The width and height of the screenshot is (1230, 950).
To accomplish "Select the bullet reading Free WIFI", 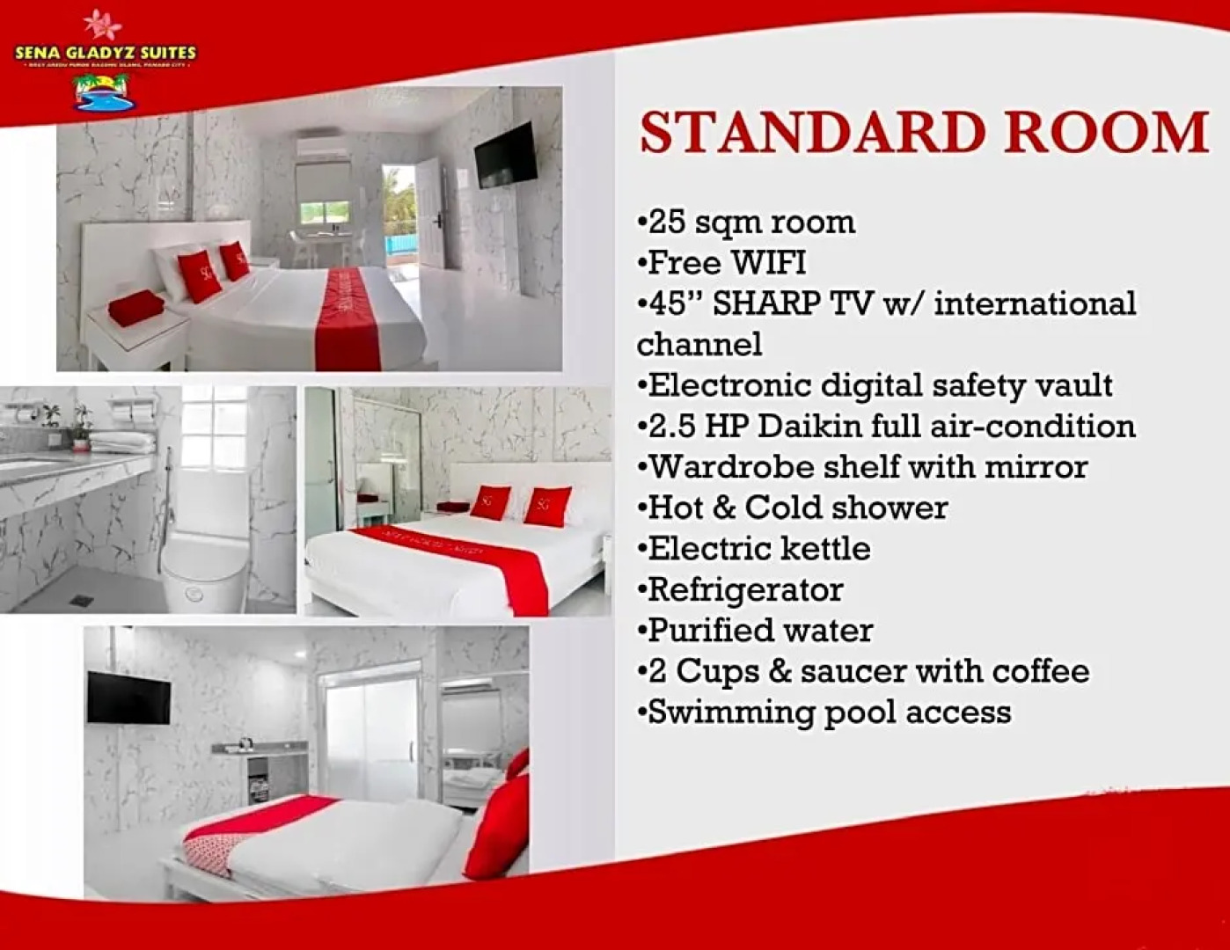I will coord(727,263).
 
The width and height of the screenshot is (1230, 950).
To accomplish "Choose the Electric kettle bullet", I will coord(758,549).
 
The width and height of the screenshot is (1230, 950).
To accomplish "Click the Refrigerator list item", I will coord(744,589).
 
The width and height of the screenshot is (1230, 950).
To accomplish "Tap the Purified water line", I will coord(759,631).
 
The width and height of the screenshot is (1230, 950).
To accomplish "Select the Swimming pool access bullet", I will coord(828,712).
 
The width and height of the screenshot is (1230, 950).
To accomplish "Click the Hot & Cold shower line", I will coord(797,508).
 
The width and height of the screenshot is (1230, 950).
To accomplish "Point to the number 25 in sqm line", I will coord(666,223).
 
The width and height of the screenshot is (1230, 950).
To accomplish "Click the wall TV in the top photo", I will coord(505,156).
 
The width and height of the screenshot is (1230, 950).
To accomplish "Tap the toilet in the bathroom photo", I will coord(204,567).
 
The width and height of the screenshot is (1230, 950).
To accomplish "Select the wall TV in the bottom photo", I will coord(128,698).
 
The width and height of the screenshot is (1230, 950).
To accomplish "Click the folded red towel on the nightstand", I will coord(136,309).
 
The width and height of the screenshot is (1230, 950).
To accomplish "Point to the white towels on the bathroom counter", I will coord(122,441).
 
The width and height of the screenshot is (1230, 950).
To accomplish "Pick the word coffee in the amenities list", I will coord(1041,671).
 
